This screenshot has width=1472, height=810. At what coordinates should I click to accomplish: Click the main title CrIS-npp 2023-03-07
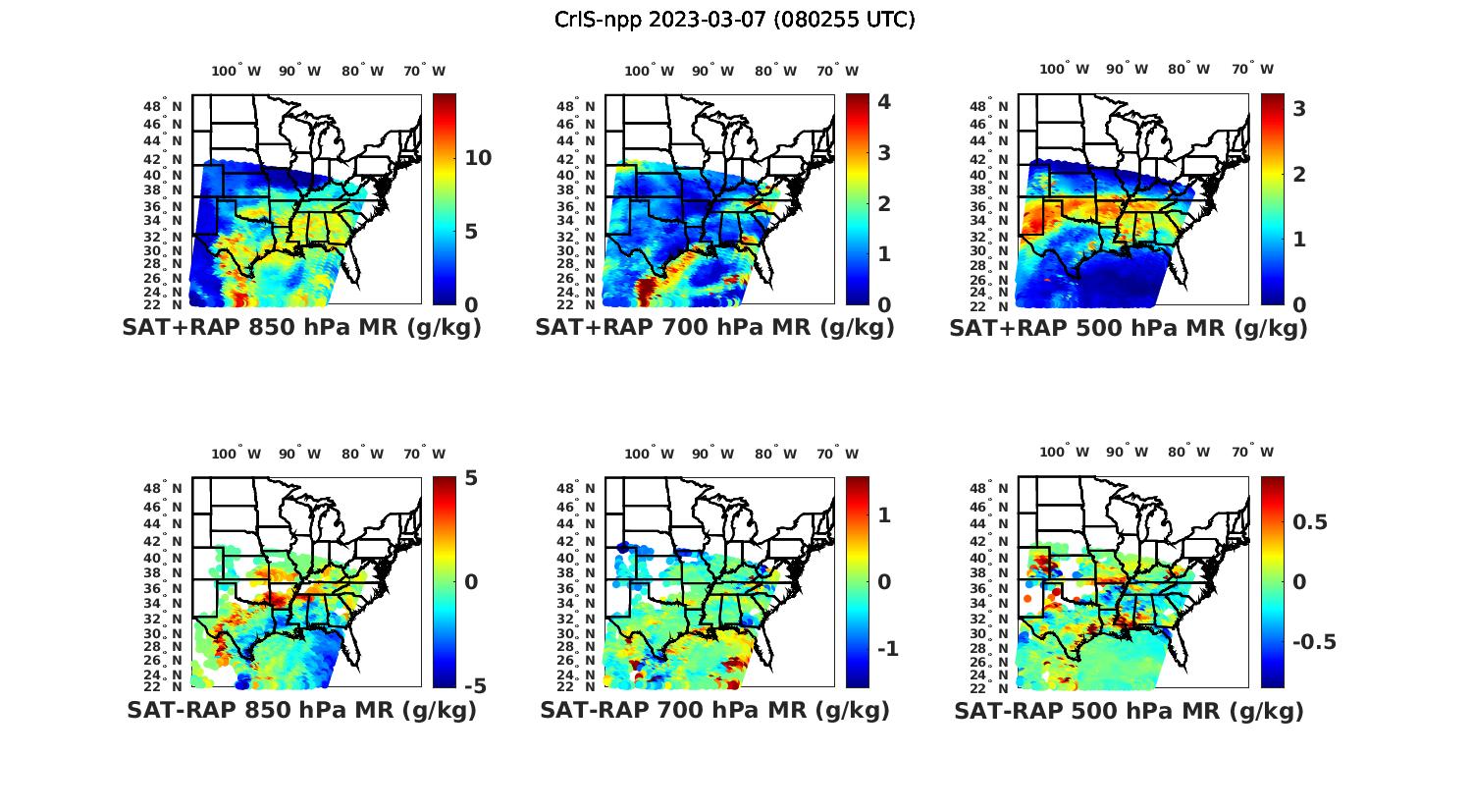735,20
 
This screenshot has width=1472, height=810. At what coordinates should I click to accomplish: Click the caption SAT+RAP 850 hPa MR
302,328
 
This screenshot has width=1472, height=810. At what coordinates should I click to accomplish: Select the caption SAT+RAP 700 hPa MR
715,328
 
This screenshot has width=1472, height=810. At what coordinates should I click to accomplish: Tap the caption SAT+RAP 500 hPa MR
1129,328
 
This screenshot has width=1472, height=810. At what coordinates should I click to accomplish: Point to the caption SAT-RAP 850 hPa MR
302,710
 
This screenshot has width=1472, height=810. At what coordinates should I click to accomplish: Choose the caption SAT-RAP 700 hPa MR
715,710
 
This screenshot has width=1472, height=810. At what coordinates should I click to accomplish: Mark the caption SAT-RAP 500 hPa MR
1129,710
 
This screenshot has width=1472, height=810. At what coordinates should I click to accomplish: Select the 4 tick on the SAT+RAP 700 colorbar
883,102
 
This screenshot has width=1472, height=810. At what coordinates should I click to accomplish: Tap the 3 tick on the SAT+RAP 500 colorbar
1299,109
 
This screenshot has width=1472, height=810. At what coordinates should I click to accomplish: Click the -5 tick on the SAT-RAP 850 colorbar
476,685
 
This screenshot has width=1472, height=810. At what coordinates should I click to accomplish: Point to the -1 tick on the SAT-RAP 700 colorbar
887,649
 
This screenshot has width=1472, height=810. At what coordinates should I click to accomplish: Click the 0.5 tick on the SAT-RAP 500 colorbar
1309,521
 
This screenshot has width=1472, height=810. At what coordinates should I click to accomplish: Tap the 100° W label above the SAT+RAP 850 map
237,71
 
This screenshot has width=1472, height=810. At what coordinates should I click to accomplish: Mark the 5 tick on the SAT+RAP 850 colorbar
471,232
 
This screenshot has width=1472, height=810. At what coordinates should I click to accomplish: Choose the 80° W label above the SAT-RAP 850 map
361,454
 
